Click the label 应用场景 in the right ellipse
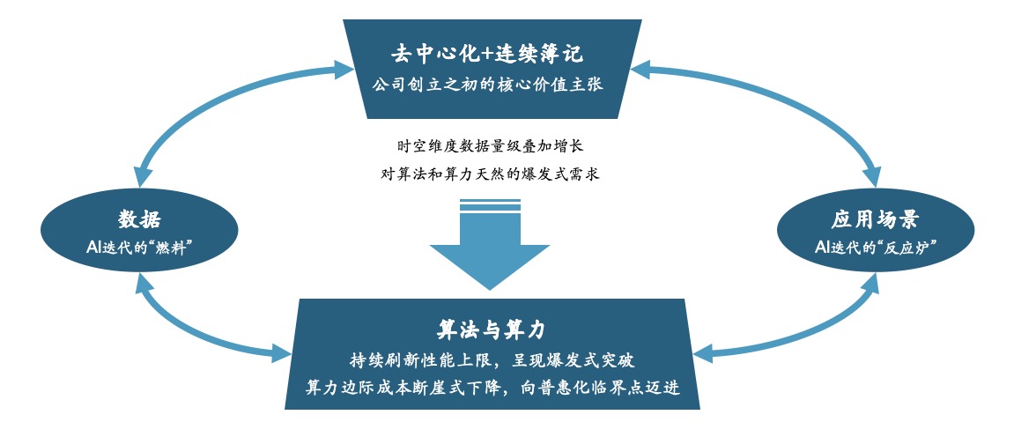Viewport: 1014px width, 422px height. click(874, 218)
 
